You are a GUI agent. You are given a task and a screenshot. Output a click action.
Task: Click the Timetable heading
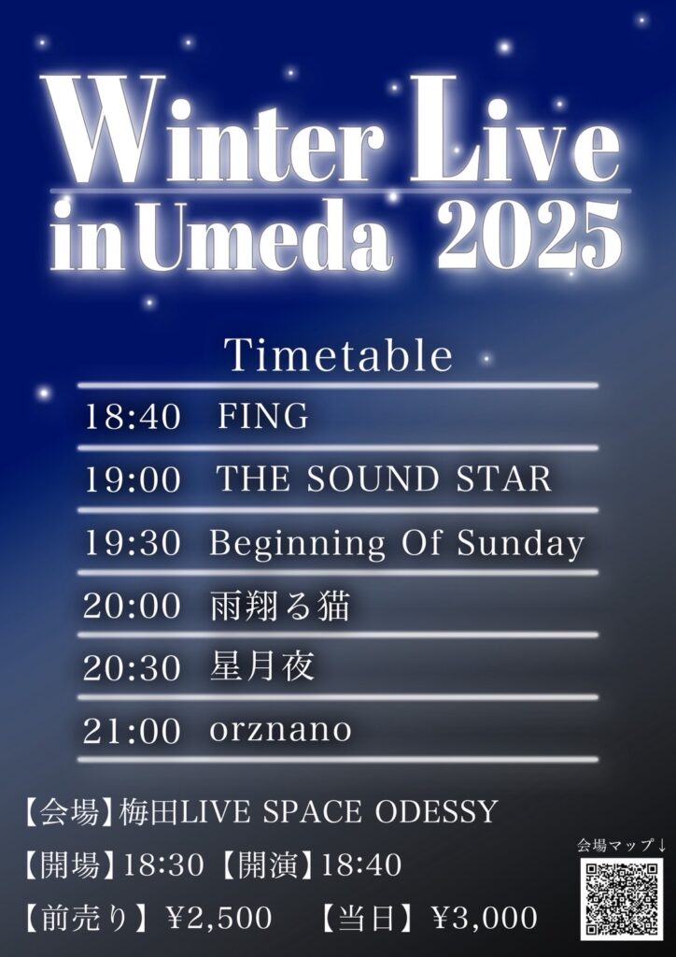click(x=338, y=355)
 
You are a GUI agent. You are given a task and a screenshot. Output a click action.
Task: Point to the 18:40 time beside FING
click(x=133, y=418)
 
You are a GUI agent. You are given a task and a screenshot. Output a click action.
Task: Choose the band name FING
click(x=262, y=417)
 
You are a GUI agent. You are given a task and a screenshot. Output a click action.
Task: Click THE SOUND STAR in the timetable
click(x=384, y=479)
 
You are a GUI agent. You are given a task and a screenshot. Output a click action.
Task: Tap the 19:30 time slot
click(x=133, y=543)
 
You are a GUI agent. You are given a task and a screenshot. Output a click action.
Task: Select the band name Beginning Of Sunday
click(x=397, y=545)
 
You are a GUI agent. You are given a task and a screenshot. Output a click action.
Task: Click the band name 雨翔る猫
click(x=280, y=607)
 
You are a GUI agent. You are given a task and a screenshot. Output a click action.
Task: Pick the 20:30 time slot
click(x=133, y=669)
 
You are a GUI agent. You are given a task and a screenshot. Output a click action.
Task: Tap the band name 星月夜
click(x=262, y=667)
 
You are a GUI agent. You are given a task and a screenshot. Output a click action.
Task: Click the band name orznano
click(x=280, y=730)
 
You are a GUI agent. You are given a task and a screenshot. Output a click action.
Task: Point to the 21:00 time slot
click(x=133, y=731)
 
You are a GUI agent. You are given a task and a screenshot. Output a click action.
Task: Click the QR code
click(x=621, y=899)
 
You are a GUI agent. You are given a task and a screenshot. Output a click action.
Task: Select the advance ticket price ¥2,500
click(x=219, y=918)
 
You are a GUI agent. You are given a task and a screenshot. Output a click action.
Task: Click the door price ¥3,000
click(x=485, y=918)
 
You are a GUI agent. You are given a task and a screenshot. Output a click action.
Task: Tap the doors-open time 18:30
click(x=163, y=865)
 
